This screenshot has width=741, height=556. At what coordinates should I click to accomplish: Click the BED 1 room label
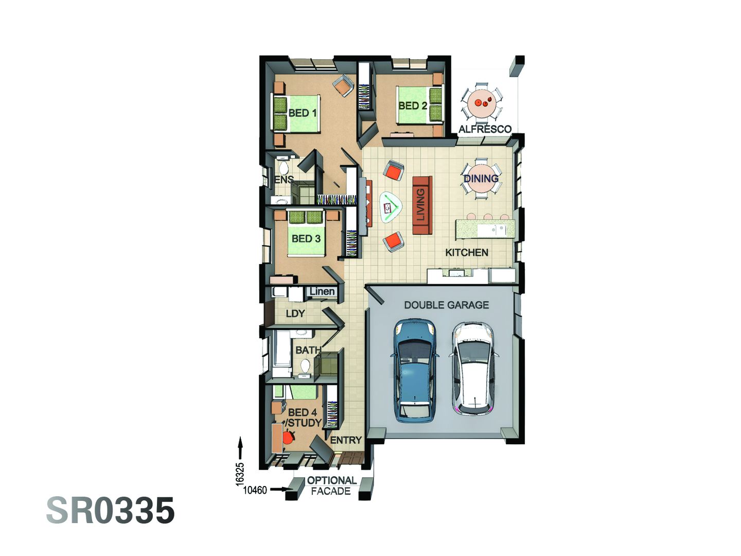click(x=303, y=113)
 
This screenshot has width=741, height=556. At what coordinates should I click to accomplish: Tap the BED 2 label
click(x=413, y=106)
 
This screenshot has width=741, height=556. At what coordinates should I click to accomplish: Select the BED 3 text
click(x=306, y=238)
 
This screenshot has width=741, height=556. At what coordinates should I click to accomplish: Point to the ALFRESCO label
click(x=485, y=129)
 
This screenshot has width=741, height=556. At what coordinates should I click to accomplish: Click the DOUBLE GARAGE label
click(x=446, y=305)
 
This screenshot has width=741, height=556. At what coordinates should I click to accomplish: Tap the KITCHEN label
click(x=466, y=252)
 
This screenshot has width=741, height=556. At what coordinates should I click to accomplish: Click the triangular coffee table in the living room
click(x=390, y=207)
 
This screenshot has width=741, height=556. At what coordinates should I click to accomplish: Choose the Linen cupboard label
click(x=322, y=291)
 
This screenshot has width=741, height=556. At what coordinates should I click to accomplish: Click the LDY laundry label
click(x=295, y=313)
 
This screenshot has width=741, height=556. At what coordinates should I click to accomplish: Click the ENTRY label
click(x=345, y=440)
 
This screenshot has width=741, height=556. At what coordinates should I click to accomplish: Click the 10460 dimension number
click(x=255, y=490)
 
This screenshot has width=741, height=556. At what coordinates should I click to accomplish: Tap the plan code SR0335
click(x=111, y=511)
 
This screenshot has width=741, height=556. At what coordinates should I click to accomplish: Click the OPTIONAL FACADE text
click(x=331, y=486)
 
